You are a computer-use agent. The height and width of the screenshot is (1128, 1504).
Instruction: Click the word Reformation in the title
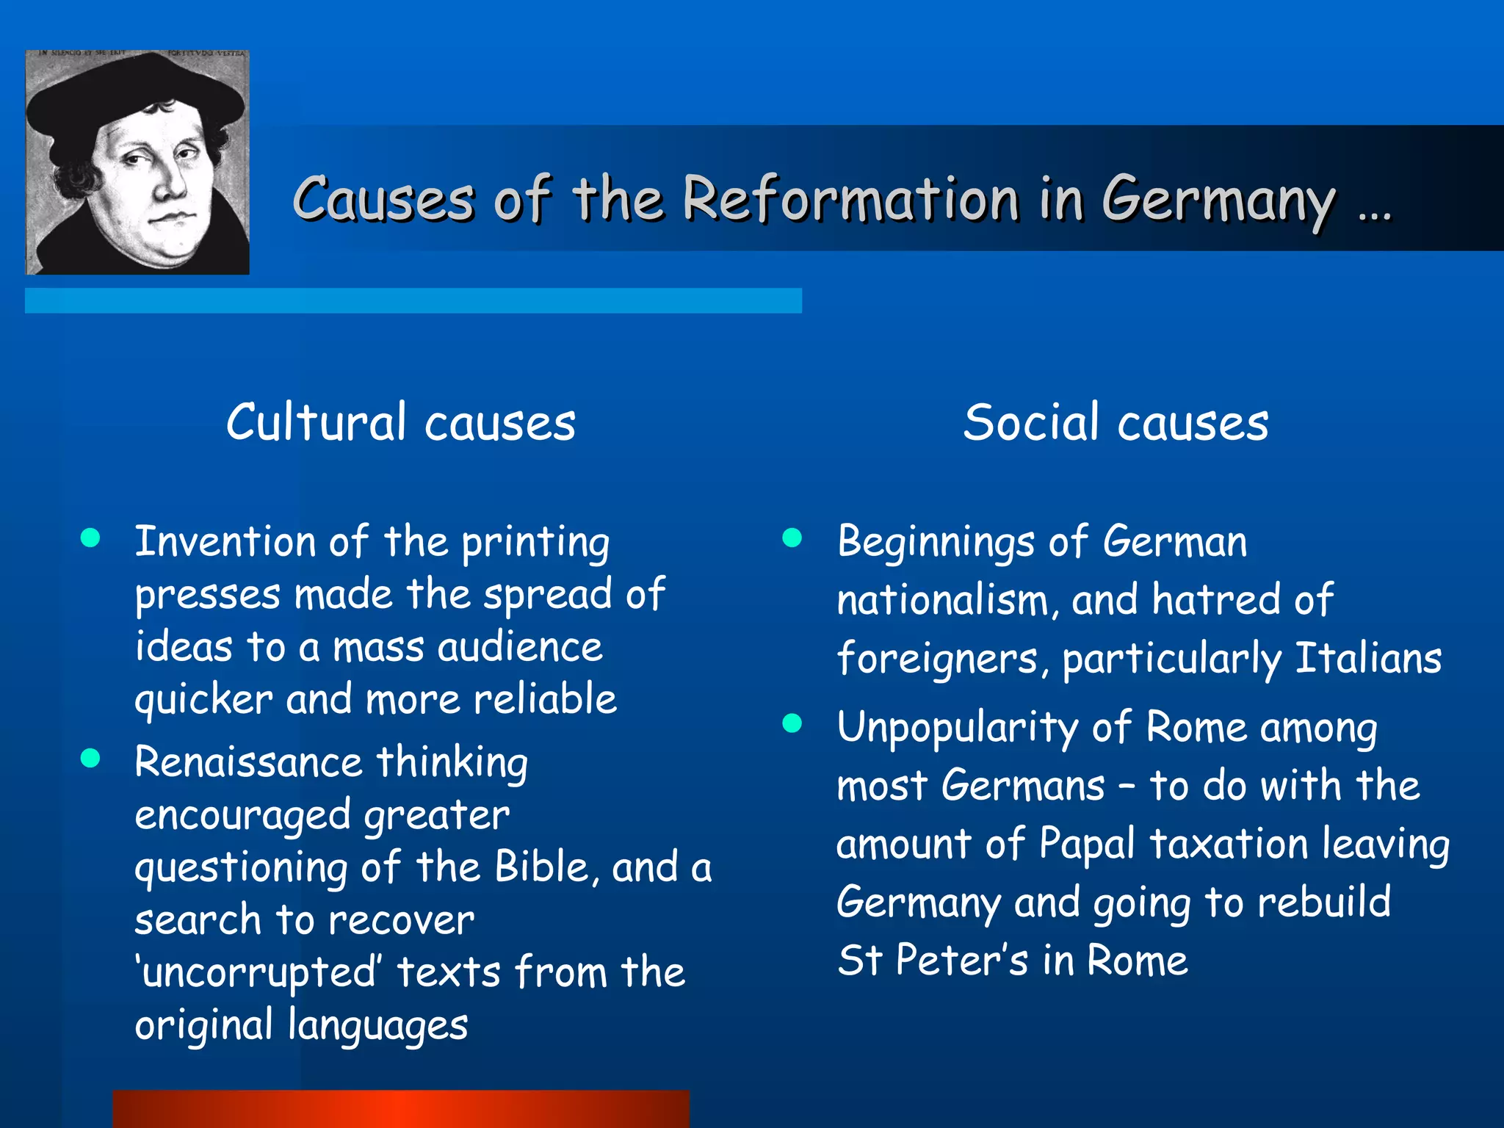coord(850,198)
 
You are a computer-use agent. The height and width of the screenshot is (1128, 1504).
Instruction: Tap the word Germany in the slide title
coord(1219,200)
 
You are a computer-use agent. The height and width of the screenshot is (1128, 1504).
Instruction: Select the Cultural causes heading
coord(401,423)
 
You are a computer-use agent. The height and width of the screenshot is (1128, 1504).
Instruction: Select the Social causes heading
coord(1116,423)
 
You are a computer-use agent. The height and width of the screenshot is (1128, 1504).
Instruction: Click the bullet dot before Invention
coord(90,538)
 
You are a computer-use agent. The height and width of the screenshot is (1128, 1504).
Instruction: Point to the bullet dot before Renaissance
coord(90,758)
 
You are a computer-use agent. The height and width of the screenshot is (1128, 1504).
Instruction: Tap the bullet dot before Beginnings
coord(792,538)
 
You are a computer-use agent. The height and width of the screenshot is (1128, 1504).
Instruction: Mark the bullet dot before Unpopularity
coord(792,724)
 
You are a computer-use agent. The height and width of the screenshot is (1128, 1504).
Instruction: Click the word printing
coord(535,543)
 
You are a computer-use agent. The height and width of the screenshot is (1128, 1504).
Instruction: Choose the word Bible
coord(542,867)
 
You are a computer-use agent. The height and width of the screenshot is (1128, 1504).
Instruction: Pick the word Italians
coord(1368,658)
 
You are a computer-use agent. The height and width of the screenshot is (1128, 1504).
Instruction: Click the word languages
coord(377,1026)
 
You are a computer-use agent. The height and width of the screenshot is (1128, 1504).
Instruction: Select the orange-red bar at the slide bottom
coord(401,1109)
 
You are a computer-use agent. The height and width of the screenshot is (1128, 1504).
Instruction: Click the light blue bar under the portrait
coord(413,300)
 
